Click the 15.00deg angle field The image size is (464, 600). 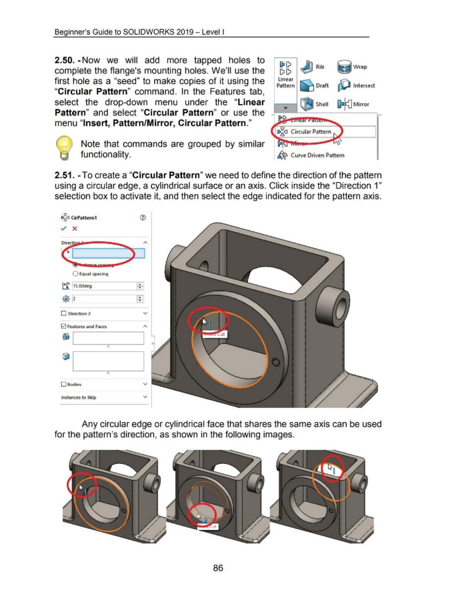point(103,287)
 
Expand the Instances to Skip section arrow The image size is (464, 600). point(145,397)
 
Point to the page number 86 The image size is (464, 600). point(217,568)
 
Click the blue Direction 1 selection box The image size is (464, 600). point(107,253)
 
